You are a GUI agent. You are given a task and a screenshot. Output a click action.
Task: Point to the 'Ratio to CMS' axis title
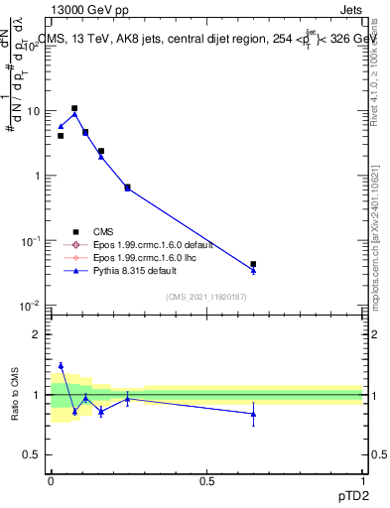(x=14, y=394)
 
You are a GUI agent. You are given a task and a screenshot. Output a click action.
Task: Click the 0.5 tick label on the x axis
(x=206, y=480)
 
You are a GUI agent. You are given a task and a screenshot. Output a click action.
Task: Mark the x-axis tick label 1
(x=363, y=480)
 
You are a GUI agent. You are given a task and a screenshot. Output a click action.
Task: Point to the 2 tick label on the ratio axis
(x=37, y=334)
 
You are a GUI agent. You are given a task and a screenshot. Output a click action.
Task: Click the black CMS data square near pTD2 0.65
(x=253, y=264)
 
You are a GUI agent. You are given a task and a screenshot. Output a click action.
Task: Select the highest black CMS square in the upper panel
(x=74, y=108)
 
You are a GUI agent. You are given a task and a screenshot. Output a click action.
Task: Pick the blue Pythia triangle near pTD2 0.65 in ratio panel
(x=253, y=414)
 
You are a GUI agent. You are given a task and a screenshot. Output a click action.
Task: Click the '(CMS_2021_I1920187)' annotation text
(x=206, y=297)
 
